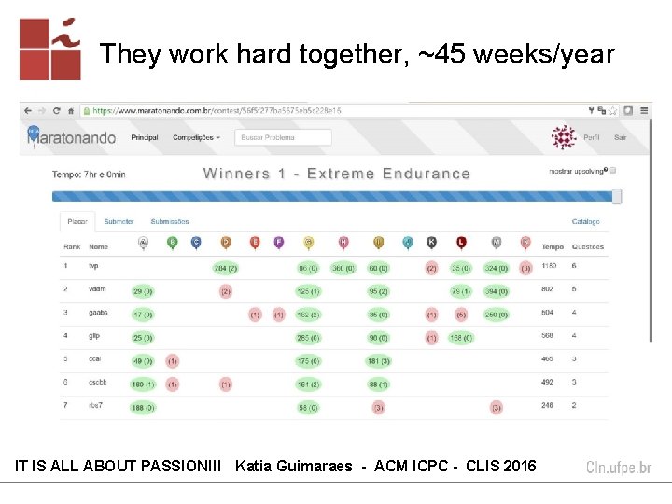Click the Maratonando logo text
click(77, 138)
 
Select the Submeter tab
click(119, 222)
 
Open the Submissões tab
click(170, 222)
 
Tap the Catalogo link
click(585, 222)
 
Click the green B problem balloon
click(172, 243)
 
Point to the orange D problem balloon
click(226, 243)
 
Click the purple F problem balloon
click(279, 243)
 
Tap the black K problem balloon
click(431, 243)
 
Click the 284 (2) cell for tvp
click(226, 268)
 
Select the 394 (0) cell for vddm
click(496, 291)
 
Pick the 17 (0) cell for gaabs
click(143, 315)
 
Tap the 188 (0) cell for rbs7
click(143, 407)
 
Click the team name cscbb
click(98, 383)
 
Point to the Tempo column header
click(553, 247)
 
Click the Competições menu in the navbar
click(196, 137)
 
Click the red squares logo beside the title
click(49, 49)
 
